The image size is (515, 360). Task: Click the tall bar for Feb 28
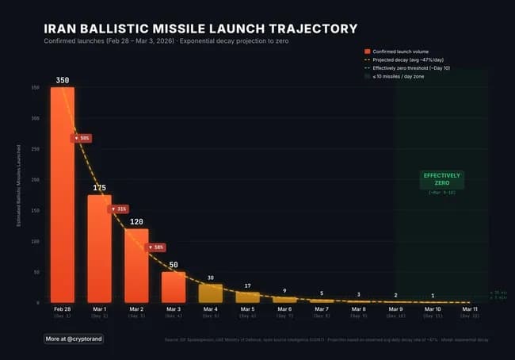coord(63,194)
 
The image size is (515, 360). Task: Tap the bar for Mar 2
coord(136,265)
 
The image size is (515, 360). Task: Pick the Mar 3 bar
coord(174,286)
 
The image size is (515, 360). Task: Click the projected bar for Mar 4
coord(210,293)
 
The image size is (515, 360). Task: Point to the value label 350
coord(63,80)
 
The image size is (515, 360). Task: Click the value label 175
coord(99,188)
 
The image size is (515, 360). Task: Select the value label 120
coord(136,221)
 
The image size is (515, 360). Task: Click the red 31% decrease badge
coord(119,209)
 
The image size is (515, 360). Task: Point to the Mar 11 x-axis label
coord(470,308)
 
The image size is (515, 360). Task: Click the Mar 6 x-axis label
coord(284,308)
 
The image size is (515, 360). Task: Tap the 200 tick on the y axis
coord(35,180)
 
